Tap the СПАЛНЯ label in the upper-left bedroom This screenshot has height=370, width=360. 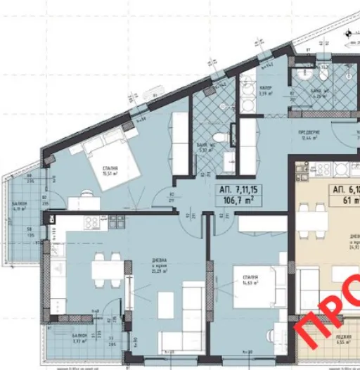point(109,169)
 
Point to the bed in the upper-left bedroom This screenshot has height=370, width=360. point(105,152)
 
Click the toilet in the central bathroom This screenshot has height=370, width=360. point(219,138)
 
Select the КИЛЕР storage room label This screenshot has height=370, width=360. point(266,89)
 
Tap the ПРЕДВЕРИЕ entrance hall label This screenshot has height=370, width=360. point(309,132)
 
